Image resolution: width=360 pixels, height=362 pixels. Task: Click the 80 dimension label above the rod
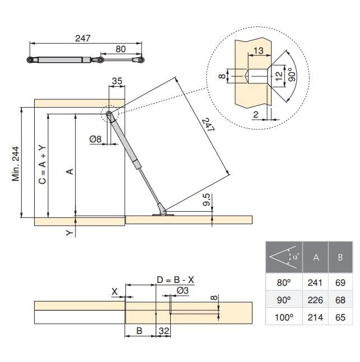pos(120,49)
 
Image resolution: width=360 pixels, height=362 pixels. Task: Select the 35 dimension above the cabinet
pos(117,81)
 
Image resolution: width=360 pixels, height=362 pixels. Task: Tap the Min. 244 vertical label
pos(16,164)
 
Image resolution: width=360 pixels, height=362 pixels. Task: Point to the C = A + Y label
pos(43,164)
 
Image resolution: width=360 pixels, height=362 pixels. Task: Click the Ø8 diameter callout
pos(96,139)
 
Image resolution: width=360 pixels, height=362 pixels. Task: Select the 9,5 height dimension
pos(207,199)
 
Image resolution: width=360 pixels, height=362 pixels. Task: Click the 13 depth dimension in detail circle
pos(258,50)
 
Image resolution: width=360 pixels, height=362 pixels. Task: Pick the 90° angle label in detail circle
pos(292,75)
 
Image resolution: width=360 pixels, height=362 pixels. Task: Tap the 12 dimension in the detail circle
pos(279,76)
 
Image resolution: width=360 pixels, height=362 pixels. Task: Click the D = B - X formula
pos(175,280)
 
